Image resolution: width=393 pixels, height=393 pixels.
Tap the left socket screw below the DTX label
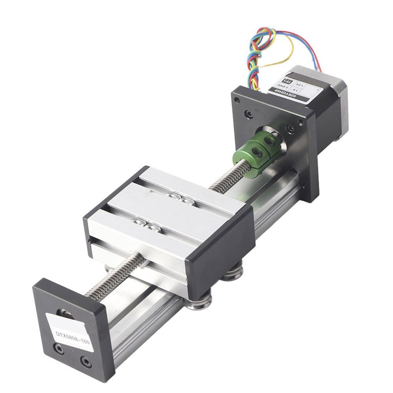point(59,348)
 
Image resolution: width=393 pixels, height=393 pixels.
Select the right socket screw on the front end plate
point(86,362)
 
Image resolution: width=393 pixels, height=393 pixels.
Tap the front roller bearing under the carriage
point(198,302)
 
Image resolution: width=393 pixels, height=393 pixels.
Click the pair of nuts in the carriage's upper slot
point(178,198)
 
